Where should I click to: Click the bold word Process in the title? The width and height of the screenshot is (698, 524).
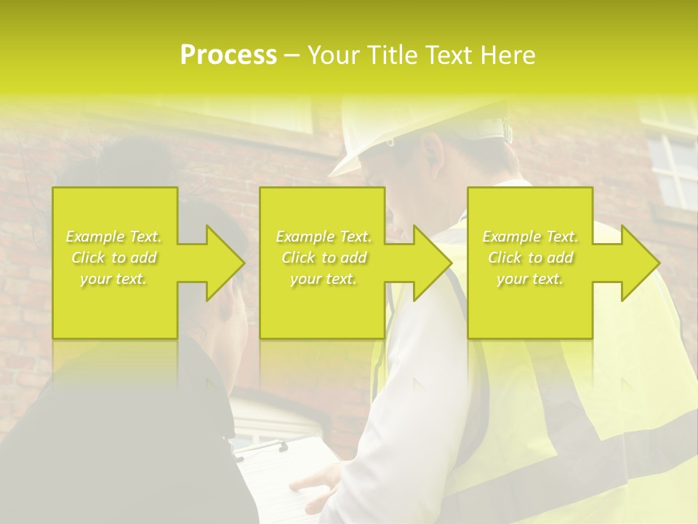pyautogui.click(x=228, y=55)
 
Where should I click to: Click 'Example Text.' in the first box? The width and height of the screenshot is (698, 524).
pyautogui.click(x=113, y=237)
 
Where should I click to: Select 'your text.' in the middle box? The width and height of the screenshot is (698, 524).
pyautogui.click(x=323, y=279)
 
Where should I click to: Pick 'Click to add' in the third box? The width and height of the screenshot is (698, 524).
pyautogui.click(x=530, y=258)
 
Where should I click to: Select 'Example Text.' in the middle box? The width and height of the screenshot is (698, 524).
pyautogui.click(x=323, y=237)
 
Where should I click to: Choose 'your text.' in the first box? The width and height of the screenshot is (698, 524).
pyautogui.click(x=113, y=279)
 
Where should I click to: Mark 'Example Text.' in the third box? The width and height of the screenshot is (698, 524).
pyautogui.click(x=530, y=237)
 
